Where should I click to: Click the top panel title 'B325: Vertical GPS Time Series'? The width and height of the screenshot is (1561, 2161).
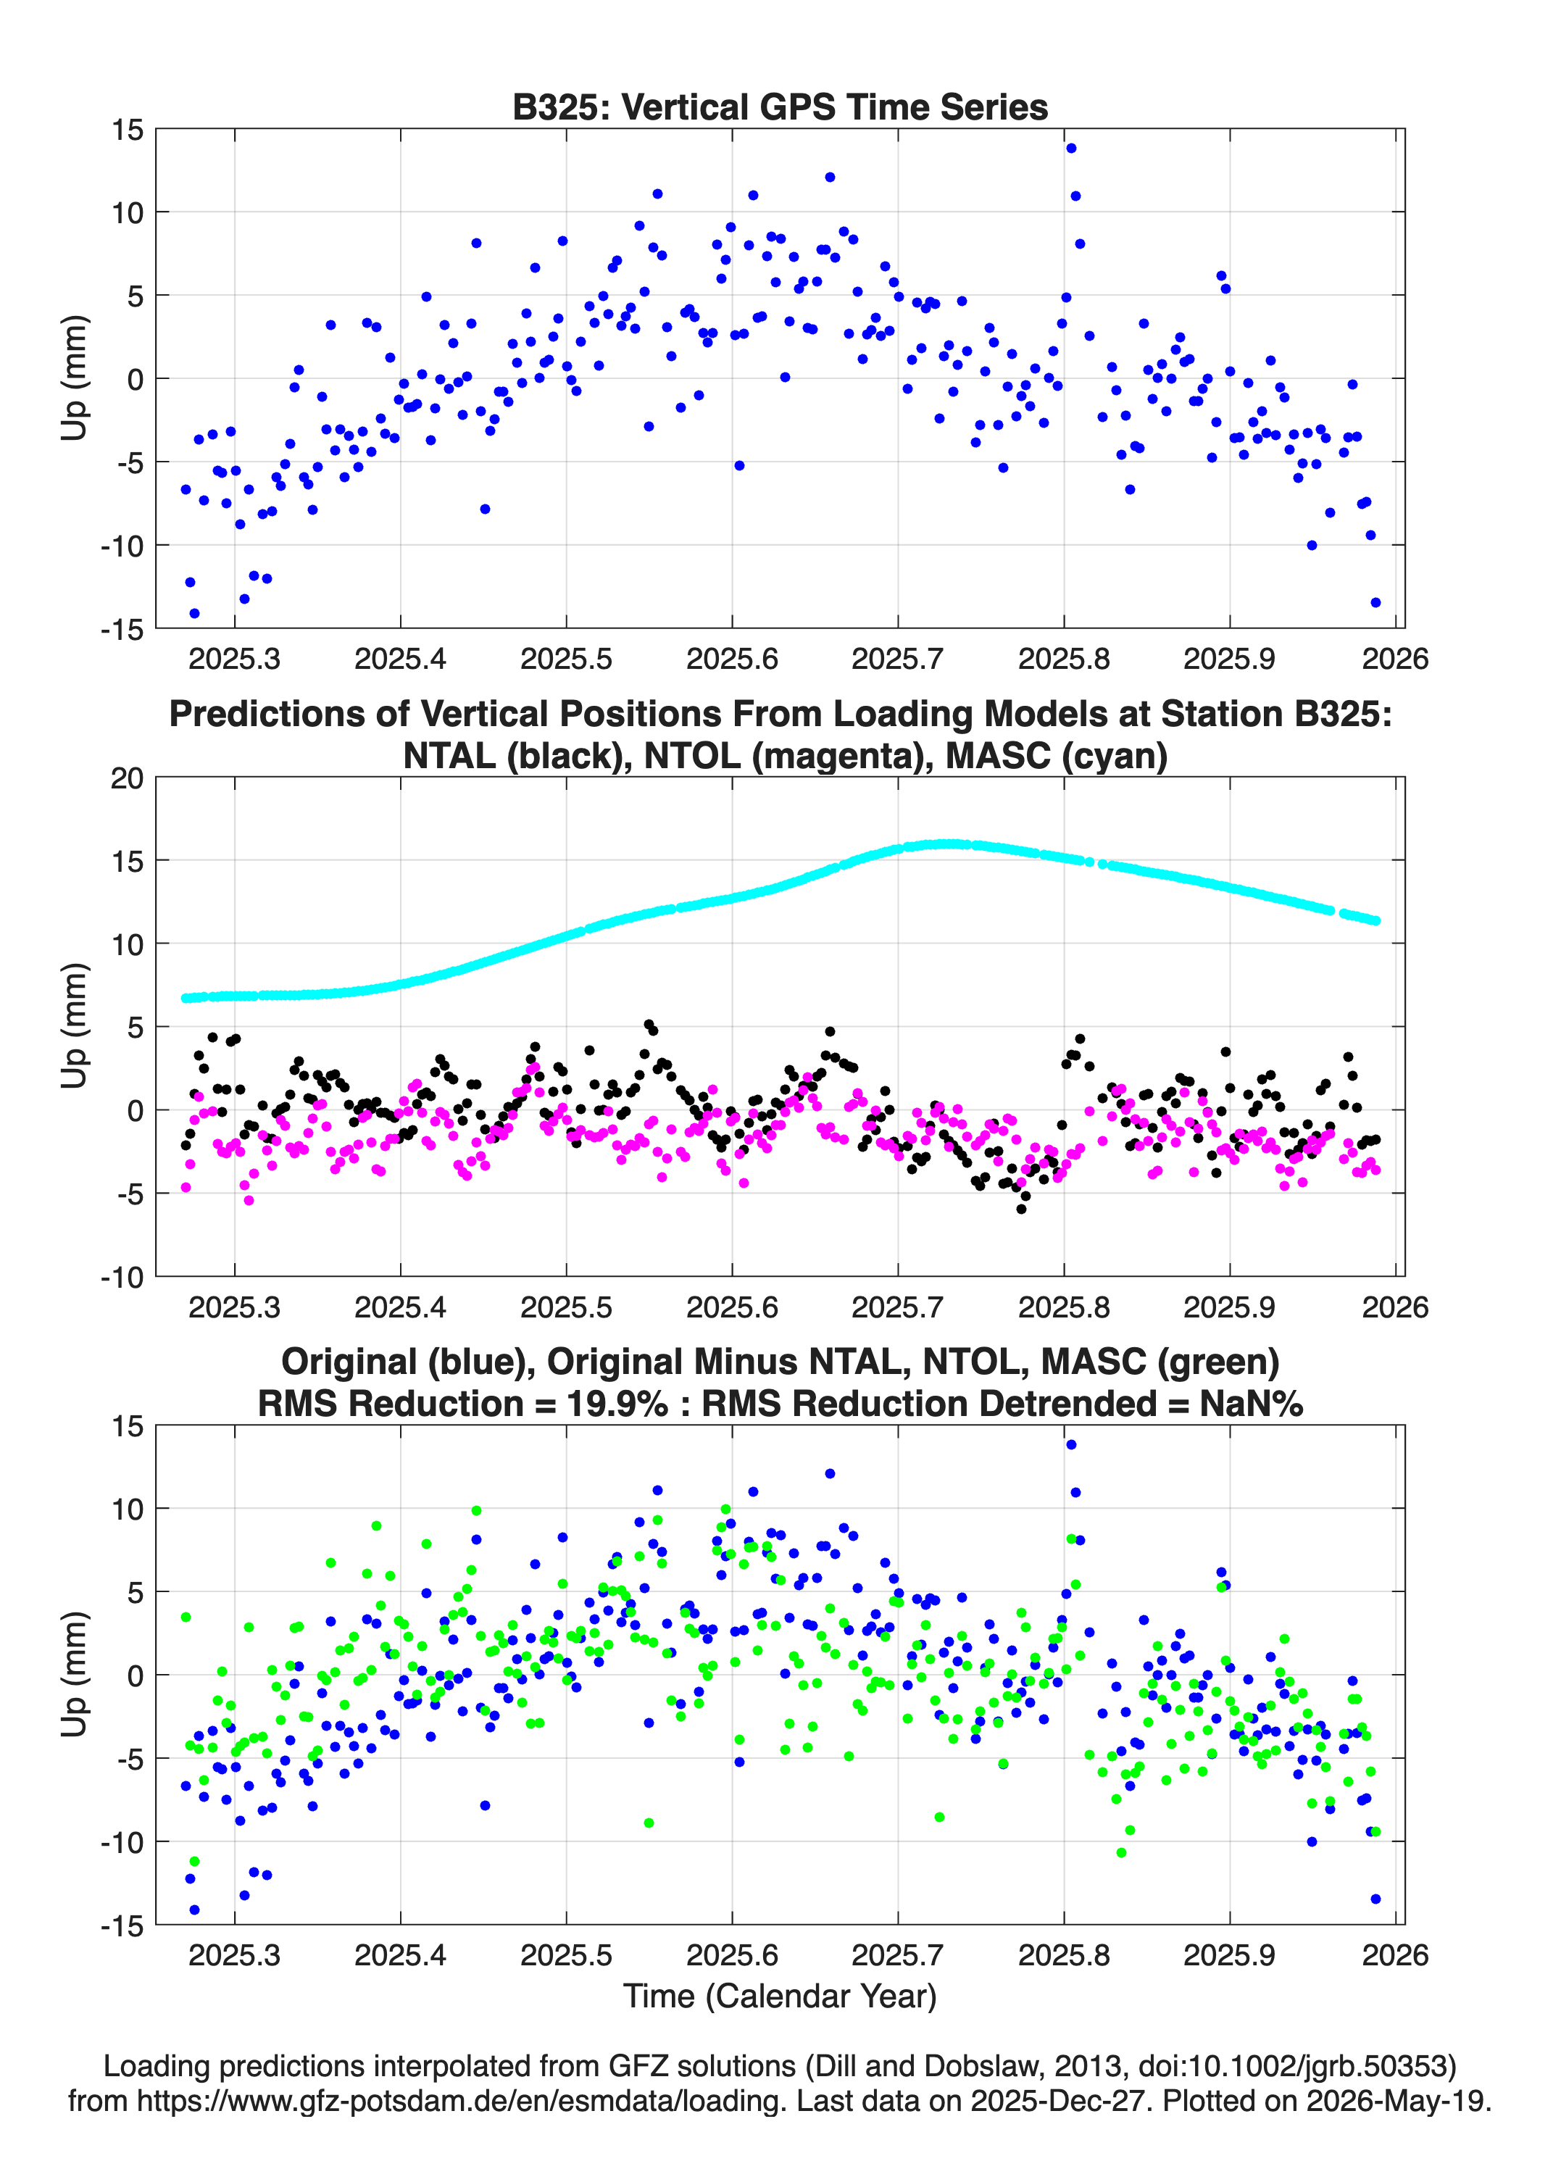click(x=780, y=107)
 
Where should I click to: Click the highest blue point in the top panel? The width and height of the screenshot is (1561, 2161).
click(x=1071, y=148)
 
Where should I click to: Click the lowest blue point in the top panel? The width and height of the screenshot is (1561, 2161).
click(x=194, y=612)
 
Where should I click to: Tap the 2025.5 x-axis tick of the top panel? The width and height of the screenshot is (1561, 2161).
click(x=566, y=659)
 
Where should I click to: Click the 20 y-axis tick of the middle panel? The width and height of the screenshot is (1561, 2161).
click(x=128, y=778)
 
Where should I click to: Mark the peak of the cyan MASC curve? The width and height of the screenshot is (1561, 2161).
click(x=947, y=844)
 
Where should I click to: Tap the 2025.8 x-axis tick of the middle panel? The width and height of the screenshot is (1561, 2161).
click(x=1064, y=1307)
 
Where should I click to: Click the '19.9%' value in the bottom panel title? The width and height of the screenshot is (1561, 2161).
click(x=617, y=1404)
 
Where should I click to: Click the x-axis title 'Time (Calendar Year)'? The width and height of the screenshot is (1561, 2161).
click(x=780, y=1995)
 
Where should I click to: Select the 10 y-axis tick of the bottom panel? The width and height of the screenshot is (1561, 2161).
click(x=128, y=1508)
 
